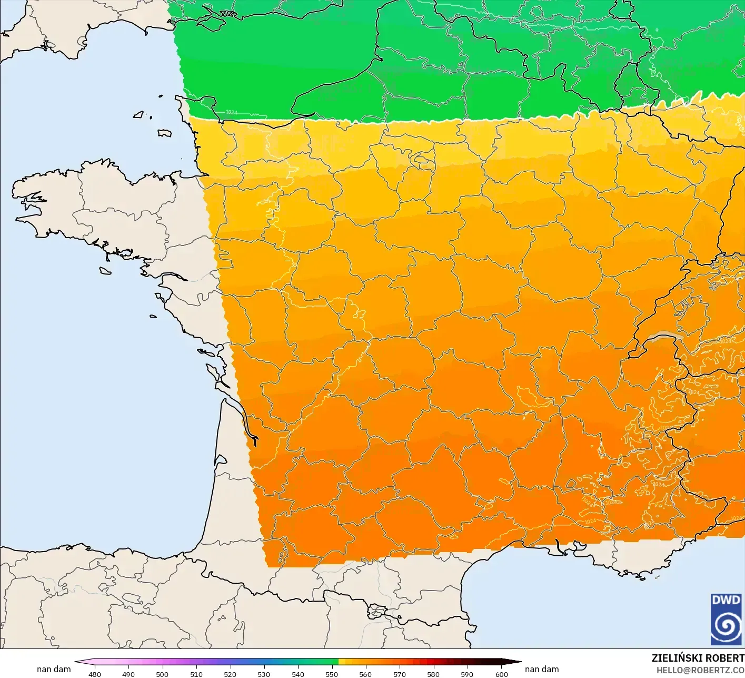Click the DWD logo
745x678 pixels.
point(726,619)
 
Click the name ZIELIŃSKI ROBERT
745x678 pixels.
point(698,658)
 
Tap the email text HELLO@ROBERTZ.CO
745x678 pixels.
point(700,670)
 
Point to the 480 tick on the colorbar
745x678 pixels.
point(95,674)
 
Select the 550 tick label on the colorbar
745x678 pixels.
point(332,674)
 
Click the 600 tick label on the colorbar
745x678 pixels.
point(501,674)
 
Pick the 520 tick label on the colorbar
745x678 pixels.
point(230,674)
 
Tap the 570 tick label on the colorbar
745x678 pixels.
point(400,674)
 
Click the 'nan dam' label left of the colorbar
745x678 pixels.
point(54,669)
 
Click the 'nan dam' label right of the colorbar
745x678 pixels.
point(542,669)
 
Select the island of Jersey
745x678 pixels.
point(165,133)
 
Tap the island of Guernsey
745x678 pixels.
point(139,114)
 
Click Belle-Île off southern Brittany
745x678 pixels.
point(105,270)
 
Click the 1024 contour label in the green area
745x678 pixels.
point(232,112)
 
